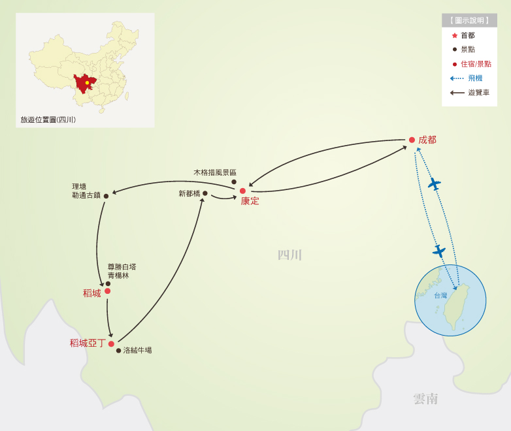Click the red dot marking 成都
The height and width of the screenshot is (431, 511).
pyautogui.click(x=412, y=140)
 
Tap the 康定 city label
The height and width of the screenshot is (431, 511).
pyautogui.click(x=250, y=201)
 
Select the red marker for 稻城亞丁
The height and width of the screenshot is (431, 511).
pyautogui.click(x=111, y=343)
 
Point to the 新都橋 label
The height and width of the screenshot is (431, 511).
pyautogui.click(x=190, y=194)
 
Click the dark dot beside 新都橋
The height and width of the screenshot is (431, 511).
pyautogui.click(x=205, y=193)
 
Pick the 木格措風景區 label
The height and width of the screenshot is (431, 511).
pyautogui.click(x=215, y=172)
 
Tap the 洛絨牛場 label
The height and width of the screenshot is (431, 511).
pyautogui.click(x=137, y=351)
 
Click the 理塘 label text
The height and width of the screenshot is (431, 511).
pyautogui.click(x=79, y=186)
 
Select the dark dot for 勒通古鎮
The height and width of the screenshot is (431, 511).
pyautogui.click(x=106, y=196)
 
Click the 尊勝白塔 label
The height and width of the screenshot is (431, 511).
pyautogui.click(x=122, y=266)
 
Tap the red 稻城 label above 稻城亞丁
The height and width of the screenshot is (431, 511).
pyautogui.click(x=92, y=293)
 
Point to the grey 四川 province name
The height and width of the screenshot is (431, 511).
pyautogui.click(x=289, y=255)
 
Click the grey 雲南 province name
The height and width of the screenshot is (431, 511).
pyautogui.click(x=425, y=399)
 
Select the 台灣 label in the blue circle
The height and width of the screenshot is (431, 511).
pyautogui.click(x=440, y=296)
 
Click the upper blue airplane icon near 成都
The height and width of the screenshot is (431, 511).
pyautogui.click(x=434, y=184)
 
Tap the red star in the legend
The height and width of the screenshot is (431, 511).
pyautogui.click(x=454, y=35)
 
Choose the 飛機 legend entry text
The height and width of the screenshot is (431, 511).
pyautogui.click(x=475, y=78)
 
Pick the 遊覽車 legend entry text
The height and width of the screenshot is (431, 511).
pyautogui.click(x=478, y=93)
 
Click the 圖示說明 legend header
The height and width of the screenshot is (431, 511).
pyautogui.click(x=469, y=20)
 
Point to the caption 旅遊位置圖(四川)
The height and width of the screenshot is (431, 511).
pyautogui.click(x=48, y=120)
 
